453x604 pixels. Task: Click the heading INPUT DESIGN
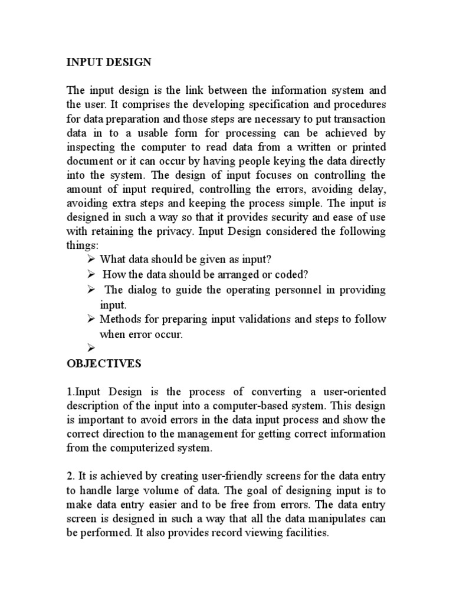click(109, 63)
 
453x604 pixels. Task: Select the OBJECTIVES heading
click(104, 364)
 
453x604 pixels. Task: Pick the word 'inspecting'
click(92, 147)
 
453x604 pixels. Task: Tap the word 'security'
click(290, 218)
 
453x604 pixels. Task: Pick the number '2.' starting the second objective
click(70, 476)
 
